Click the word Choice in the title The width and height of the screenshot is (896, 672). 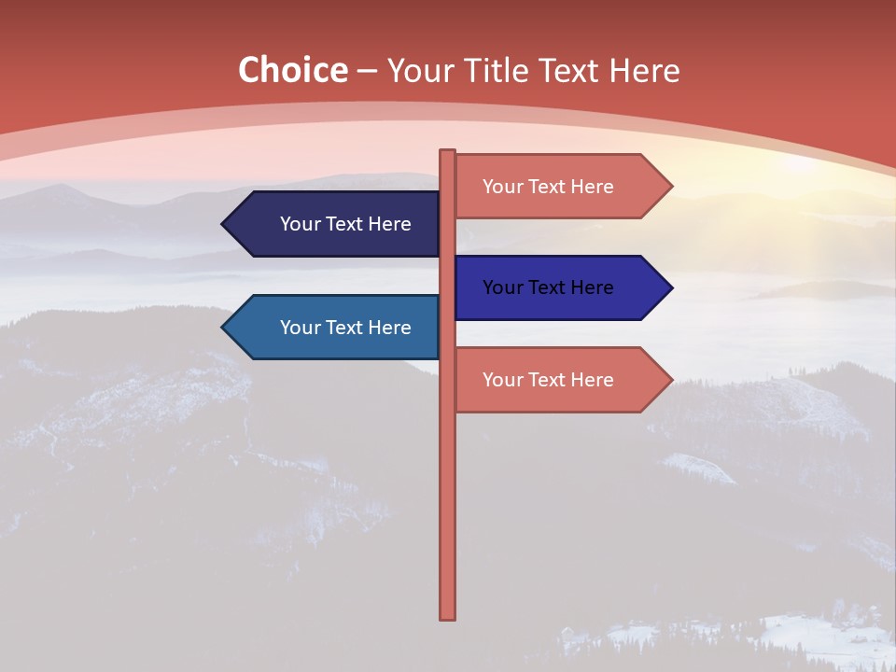pos(292,70)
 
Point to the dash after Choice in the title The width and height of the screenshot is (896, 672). pos(368,71)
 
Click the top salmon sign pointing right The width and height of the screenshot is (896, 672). pos(551,187)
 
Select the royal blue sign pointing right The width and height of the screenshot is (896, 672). pos(551,287)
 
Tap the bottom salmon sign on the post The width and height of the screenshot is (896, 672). pos(551,380)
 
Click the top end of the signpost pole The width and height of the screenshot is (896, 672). pos(448,152)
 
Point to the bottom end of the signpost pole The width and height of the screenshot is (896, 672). pos(448,616)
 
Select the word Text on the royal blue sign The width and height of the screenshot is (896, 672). pos(548,287)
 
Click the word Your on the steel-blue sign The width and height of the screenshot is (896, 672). pos(301,328)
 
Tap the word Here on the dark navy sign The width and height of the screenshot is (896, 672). pos(389,224)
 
